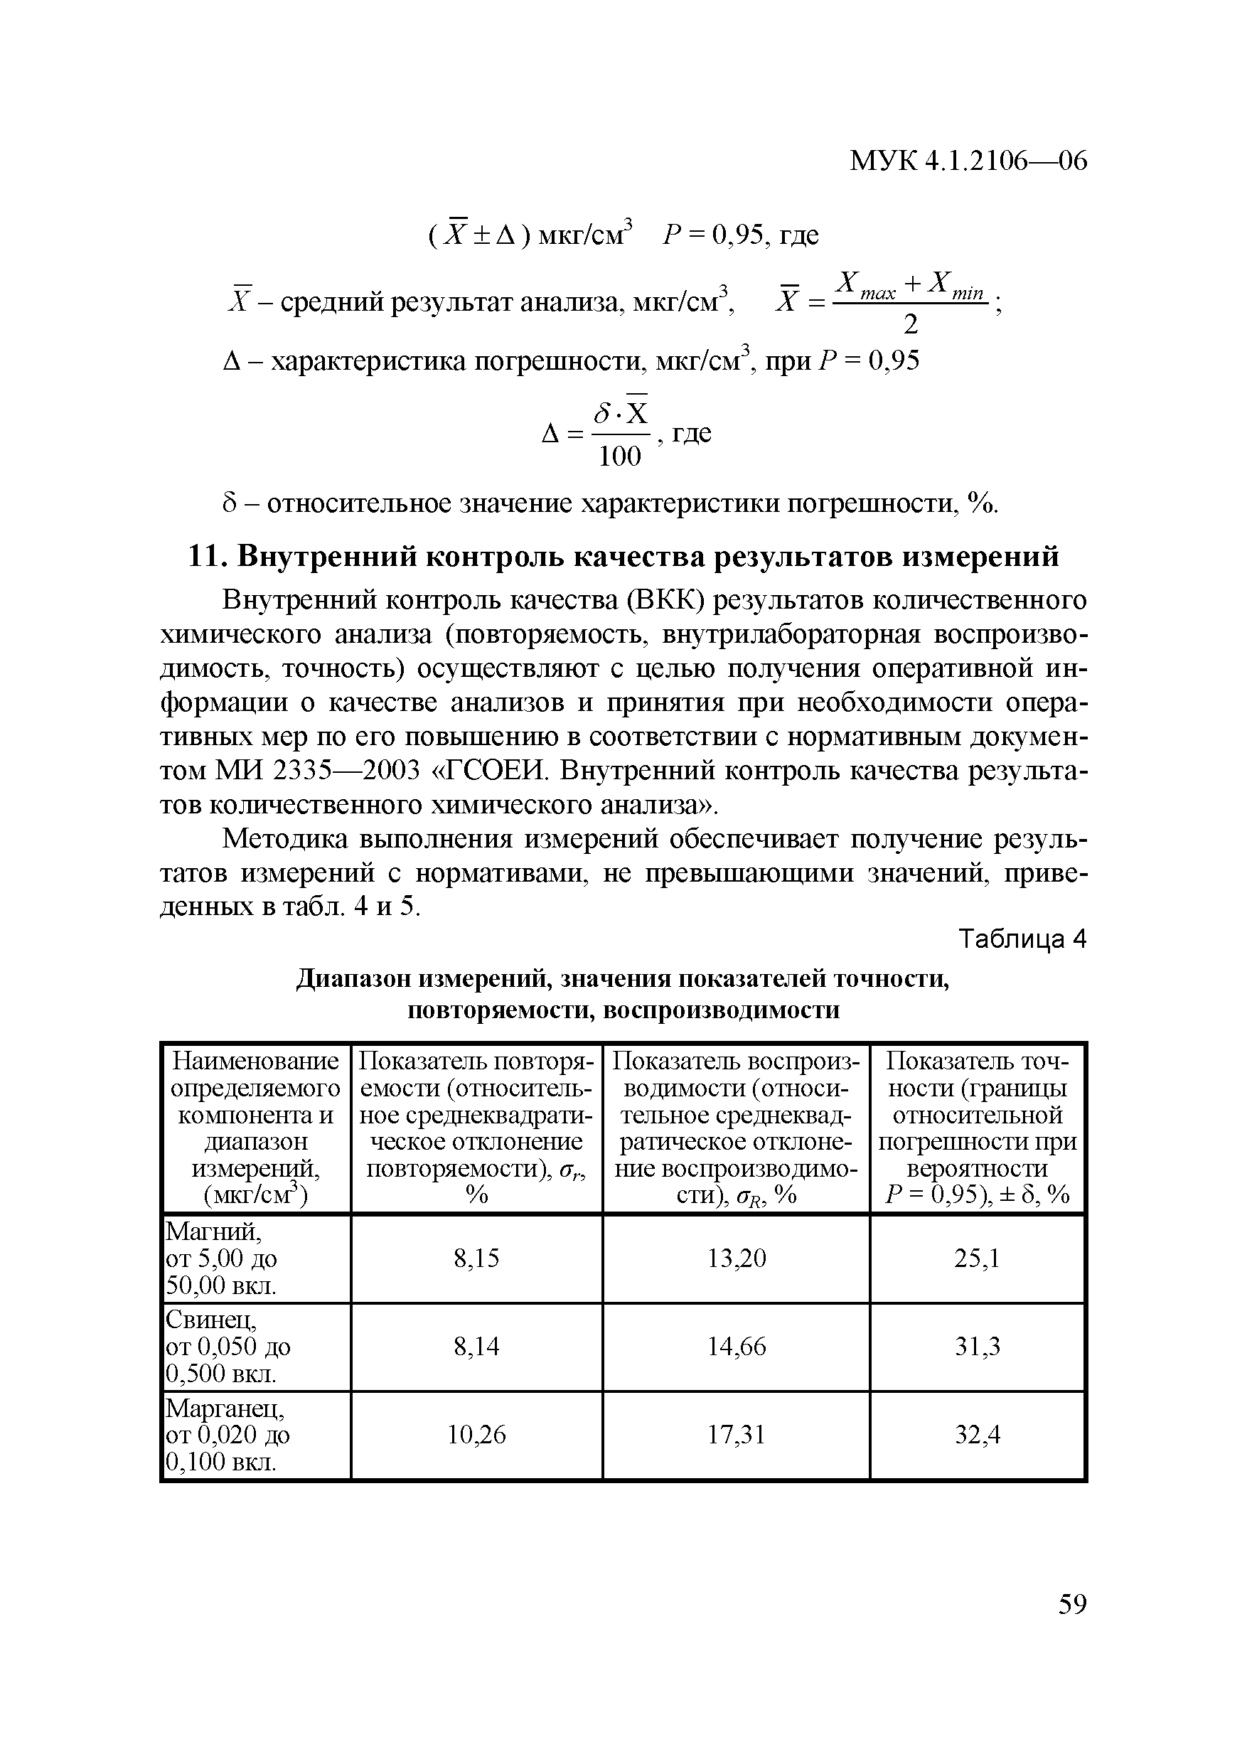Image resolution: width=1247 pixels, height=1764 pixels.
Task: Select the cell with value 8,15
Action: pyautogui.click(x=476, y=1258)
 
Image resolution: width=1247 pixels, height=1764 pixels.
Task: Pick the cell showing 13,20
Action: pyautogui.click(x=736, y=1258)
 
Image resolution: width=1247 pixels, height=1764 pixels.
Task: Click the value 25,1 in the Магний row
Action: pyautogui.click(x=978, y=1258)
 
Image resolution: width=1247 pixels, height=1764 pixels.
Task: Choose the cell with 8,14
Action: pyautogui.click(x=476, y=1346)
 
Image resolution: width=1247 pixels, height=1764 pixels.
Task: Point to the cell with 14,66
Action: pyautogui.click(x=736, y=1346)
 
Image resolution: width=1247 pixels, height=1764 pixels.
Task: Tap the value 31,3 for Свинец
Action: pyautogui.click(x=978, y=1346)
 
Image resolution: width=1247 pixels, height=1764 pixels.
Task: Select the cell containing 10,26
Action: pyautogui.click(x=476, y=1434)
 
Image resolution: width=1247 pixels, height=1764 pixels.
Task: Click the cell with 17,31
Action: pyautogui.click(x=736, y=1434)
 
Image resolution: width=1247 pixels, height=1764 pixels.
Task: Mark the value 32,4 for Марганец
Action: pyautogui.click(x=978, y=1434)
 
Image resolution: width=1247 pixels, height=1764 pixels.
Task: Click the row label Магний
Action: pyautogui.click(x=213, y=1231)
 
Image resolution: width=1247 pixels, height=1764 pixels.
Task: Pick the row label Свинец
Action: pyautogui.click(x=210, y=1320)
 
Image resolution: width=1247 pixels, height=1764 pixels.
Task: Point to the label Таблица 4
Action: pyautogui.click(x=1022, y=939)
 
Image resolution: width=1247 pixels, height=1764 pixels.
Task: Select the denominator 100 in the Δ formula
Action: pyautogui.click(x=619, y=456)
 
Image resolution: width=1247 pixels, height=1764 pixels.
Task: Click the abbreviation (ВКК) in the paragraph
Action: pyautogui.click(x=666, y=600)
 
